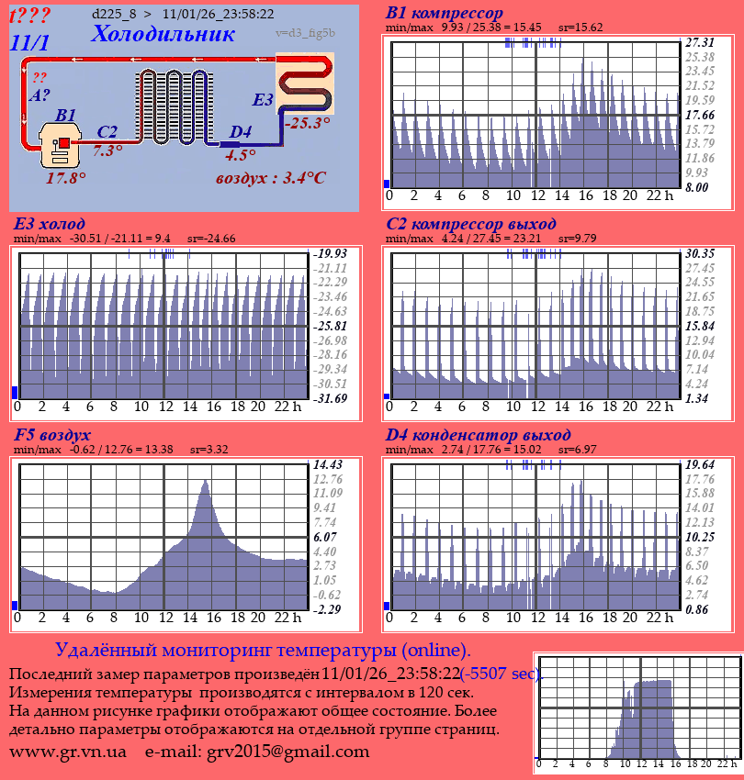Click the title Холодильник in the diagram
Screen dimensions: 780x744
pos(163,34)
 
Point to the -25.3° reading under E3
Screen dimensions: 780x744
pos(307,122)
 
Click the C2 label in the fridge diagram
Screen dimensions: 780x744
pos(107,132)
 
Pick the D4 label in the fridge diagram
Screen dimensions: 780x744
pos(240,132)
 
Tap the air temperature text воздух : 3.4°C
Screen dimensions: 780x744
pos(270,177)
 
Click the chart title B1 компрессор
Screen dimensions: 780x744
pos(445,14)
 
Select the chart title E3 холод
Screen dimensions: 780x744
pos(50,224)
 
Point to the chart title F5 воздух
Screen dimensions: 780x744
pos(52,434)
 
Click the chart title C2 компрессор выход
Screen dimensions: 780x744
pos(470,224)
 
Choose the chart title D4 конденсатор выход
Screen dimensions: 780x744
pos(478,434)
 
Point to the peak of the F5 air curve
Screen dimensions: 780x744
pos(205,481)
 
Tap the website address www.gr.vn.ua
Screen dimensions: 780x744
pos(68,752)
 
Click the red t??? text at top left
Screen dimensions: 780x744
pos(30,16)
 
